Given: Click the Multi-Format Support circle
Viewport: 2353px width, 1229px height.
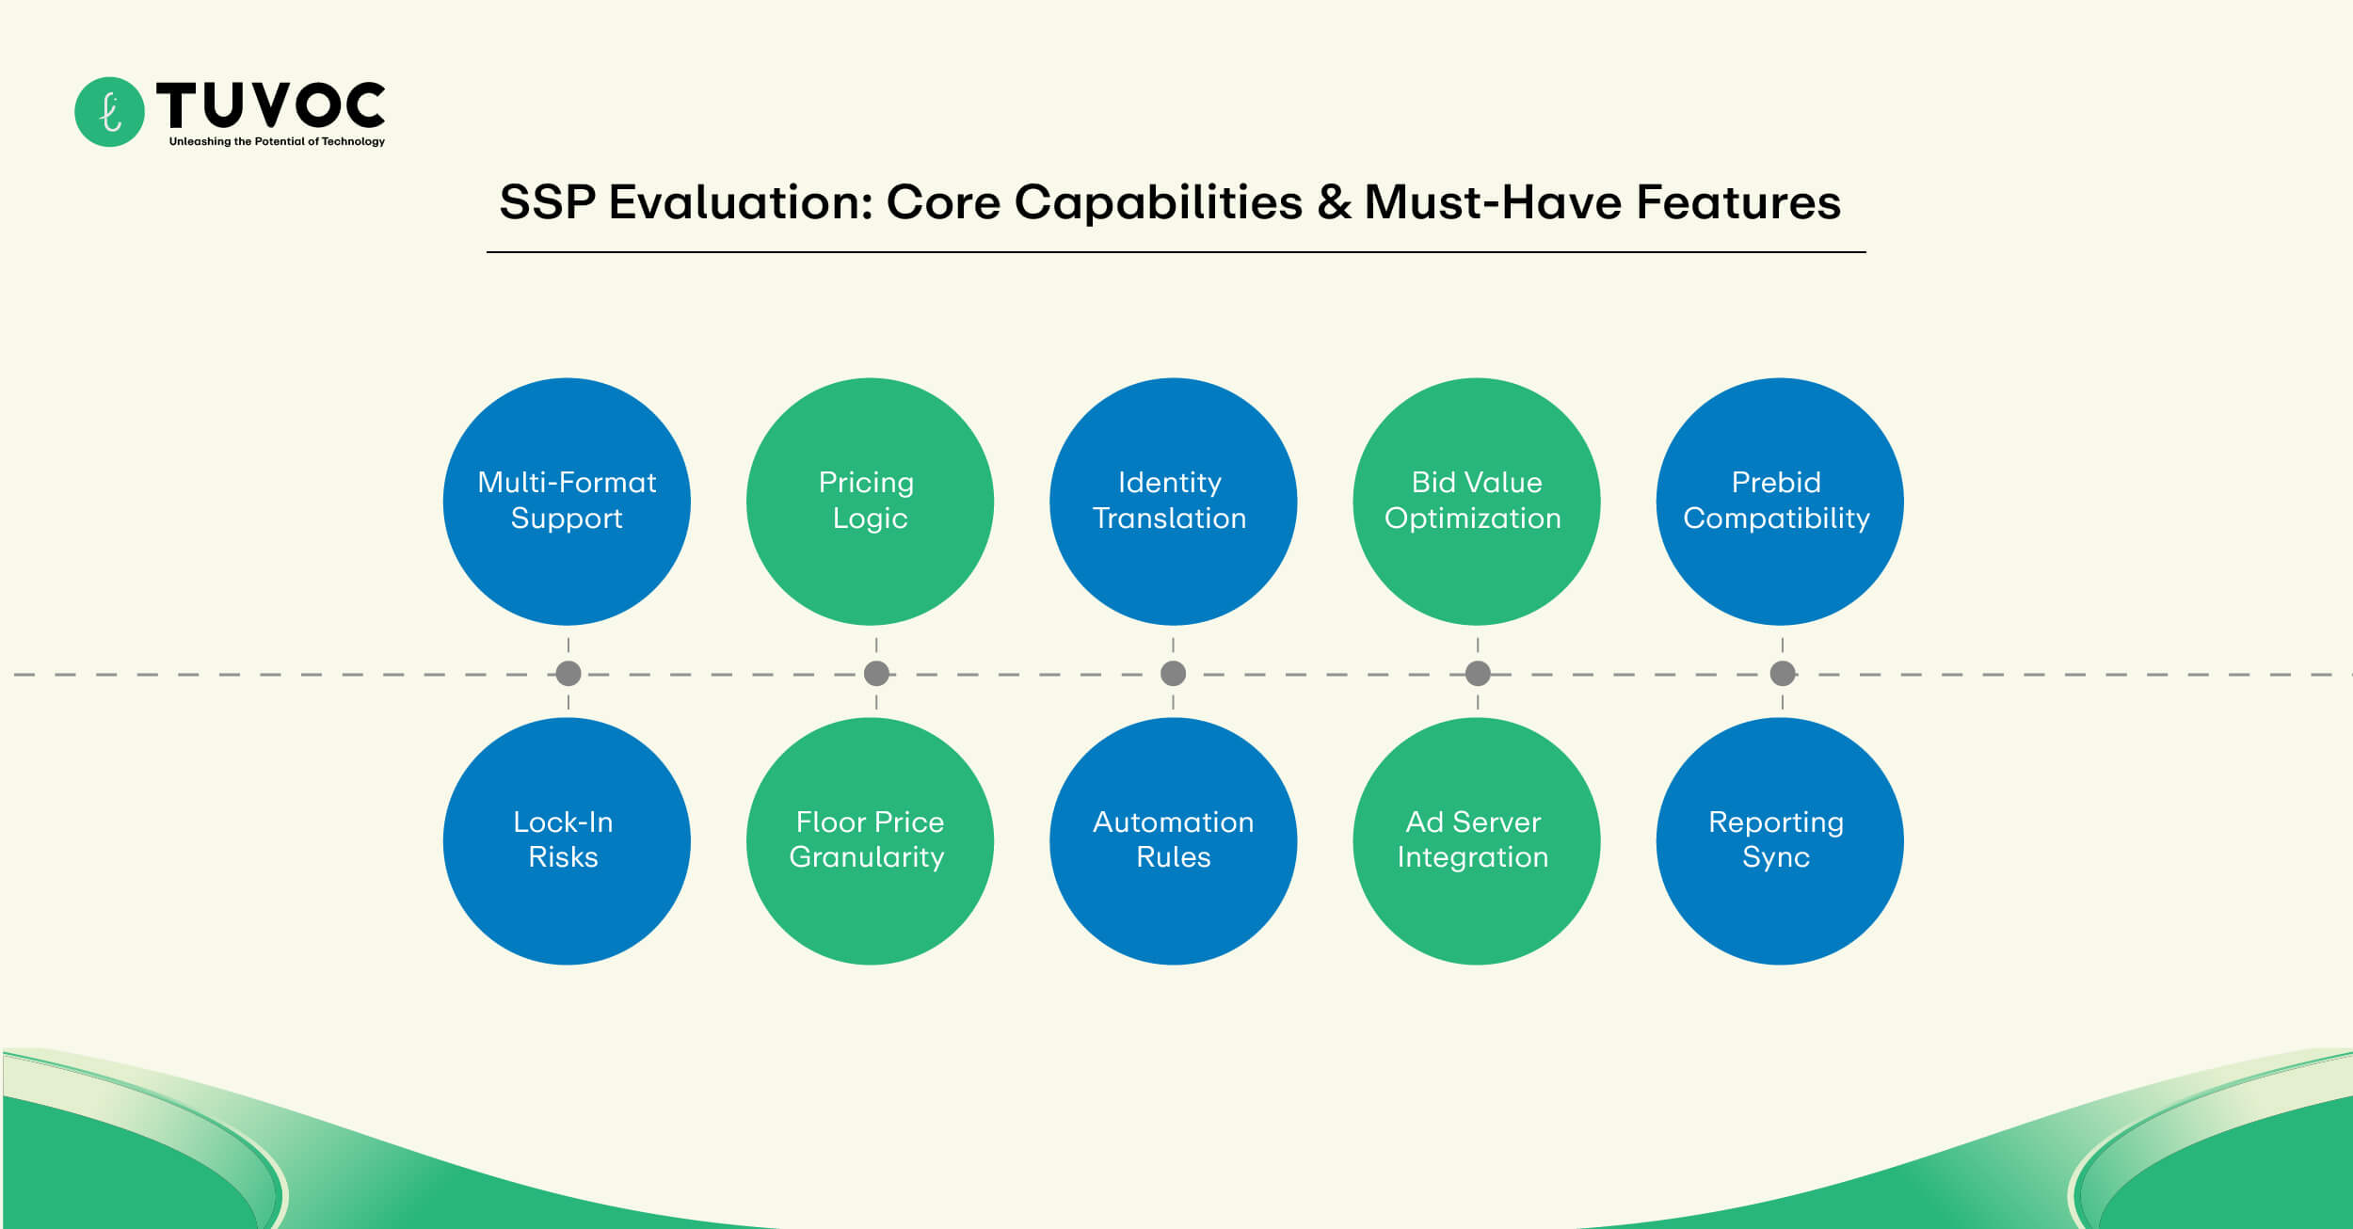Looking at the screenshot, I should (567, 502).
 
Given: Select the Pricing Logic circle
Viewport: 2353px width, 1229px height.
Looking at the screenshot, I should (870, 502).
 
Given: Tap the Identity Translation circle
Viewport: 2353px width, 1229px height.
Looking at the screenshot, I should (1173, 502).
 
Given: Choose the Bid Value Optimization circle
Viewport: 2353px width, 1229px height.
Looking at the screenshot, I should (1476, 502).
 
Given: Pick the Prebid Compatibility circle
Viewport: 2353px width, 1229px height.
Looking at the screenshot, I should (1779, 502).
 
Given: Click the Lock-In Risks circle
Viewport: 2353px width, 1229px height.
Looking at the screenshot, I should (567, 840).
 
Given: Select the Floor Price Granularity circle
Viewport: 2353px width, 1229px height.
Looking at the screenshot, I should (870, 840).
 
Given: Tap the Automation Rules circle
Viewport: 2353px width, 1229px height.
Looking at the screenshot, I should (1173, 840).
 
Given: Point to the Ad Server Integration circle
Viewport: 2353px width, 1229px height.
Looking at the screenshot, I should (1476, 840).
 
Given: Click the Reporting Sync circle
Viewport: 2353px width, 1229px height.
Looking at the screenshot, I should (1779, 840).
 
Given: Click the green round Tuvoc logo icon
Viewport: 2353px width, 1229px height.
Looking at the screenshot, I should (109, 112).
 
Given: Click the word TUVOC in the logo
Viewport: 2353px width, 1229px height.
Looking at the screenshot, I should (271, 104).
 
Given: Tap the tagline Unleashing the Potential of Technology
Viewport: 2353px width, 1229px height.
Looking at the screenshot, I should (277, 142).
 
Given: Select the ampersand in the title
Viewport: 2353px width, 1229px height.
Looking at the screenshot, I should (1334, 202).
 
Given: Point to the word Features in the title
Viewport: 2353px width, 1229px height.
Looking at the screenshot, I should (1738, 202).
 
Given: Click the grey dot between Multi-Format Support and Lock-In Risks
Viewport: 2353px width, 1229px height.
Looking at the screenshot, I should (568, 674).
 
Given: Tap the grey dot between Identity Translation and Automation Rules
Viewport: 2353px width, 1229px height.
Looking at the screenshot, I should (1173, 674).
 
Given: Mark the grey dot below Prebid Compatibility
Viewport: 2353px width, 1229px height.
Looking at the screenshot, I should (1783, 674).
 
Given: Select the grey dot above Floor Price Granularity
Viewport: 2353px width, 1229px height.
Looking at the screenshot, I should (876, 674).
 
